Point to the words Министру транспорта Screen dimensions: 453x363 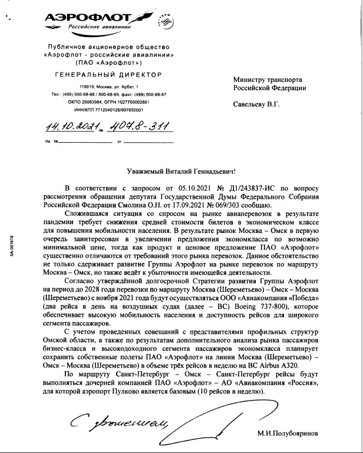click(268, 79)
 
